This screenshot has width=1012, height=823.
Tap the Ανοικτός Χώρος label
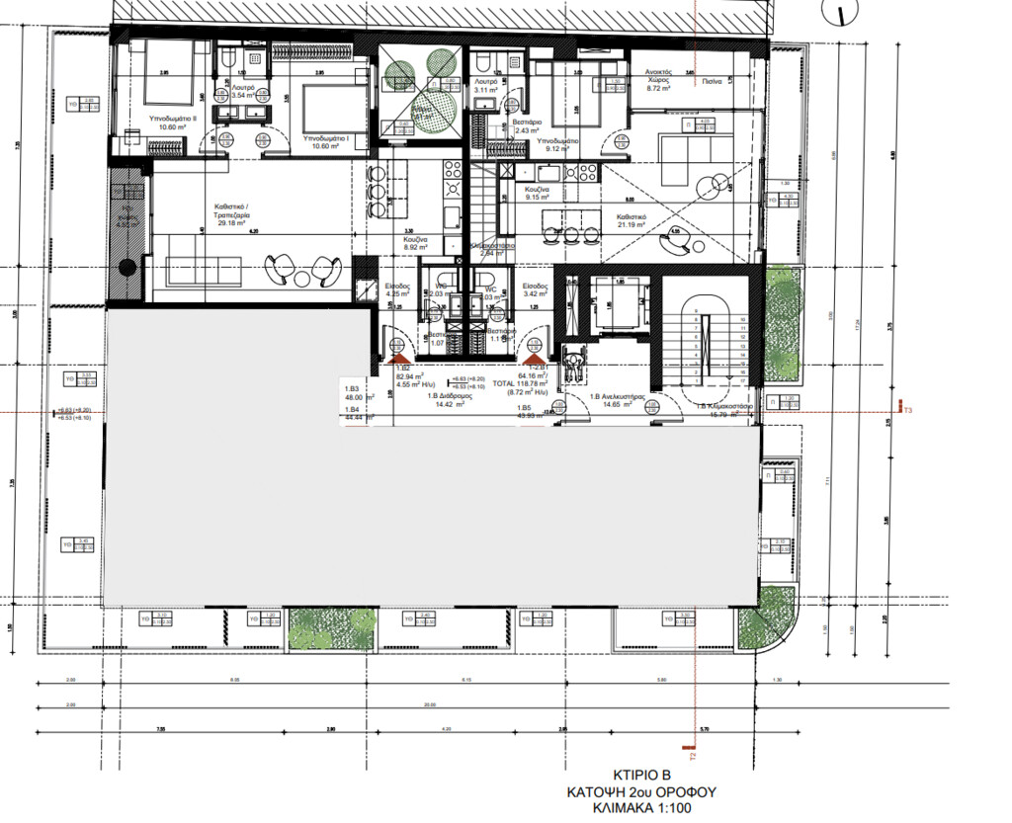[x=659, y=78]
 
